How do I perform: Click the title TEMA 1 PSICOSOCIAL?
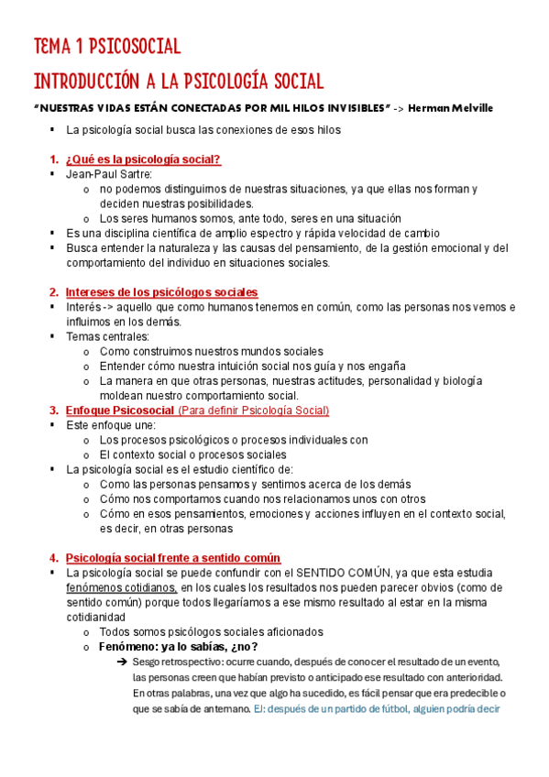[x=107, y=47]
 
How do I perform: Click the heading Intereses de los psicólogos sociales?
[x=161, y=291]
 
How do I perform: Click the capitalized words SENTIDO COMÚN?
[x=324, y=573]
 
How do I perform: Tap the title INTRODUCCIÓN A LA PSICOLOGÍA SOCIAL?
[x=178, y=81]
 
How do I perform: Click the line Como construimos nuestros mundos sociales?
[x=211, y=351]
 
